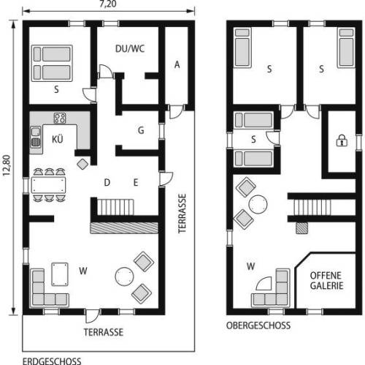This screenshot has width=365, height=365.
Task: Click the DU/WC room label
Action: point(130,49)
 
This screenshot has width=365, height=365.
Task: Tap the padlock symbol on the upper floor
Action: point(342,140)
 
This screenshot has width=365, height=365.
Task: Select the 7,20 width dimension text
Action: point(108,4)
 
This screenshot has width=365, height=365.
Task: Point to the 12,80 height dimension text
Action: point(7,165)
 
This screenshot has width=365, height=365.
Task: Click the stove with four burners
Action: point(60,118)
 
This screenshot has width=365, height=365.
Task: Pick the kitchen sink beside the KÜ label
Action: point(36,137)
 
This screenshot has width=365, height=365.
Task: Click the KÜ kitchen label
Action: point(58,139)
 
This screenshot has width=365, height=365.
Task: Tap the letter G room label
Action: point(141,130)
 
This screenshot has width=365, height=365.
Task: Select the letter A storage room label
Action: point(177,64)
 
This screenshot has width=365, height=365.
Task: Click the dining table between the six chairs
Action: point(49,185)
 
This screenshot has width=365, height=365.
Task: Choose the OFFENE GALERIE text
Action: point(326,280)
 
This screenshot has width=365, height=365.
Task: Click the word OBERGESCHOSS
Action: point(258,326)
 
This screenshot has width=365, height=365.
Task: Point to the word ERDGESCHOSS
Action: point(52,361)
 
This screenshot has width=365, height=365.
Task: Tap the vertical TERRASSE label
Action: point(182,214)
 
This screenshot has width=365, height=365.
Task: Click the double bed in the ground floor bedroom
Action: point(52,63)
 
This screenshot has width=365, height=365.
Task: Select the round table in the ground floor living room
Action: point(124,276)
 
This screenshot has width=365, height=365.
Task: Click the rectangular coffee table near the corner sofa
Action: point(60,274)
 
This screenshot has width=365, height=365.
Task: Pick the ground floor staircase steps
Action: point(115,207)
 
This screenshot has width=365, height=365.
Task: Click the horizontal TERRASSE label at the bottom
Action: point(104,332)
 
